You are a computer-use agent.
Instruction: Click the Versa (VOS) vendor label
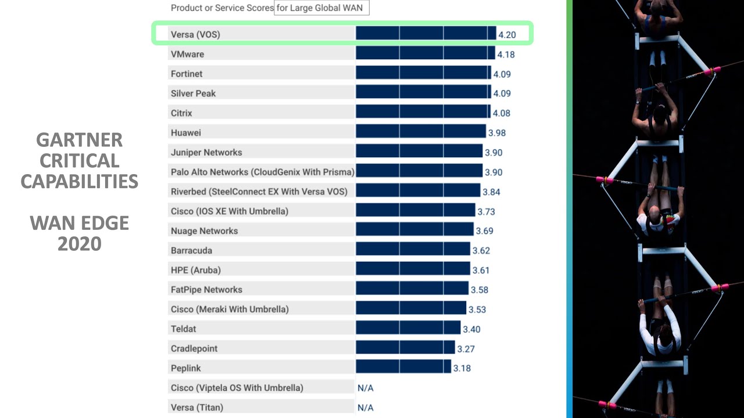[x=195, y=35]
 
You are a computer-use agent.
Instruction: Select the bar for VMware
[x=425, y=54]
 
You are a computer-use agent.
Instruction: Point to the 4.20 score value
[x=507, y=35]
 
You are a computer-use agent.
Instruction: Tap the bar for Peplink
[x=403, y=367]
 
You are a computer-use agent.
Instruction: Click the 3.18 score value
[x=462, y=368]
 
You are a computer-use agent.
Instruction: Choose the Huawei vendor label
[x=186, y=132]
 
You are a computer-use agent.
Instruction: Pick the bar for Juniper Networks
[x=419, y=152]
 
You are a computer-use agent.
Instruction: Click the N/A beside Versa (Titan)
[x=366, y=408]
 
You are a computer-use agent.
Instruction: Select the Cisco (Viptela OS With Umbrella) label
[x=237, y=388]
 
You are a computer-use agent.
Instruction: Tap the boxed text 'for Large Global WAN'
[x=322, y=8]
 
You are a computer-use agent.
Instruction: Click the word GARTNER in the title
[x=79, y=140]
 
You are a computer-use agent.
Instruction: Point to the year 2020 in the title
[x=79, y=244]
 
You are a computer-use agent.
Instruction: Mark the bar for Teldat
[x=408, y=329]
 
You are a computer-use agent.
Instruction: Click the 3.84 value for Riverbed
[x=491, y=192]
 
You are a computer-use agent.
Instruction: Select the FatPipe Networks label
[x=206, y=290]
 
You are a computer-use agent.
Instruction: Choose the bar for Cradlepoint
[x=405, y=348]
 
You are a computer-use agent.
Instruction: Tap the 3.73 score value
[x=487, y=212]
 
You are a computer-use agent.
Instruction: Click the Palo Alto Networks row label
[x=262, y=172]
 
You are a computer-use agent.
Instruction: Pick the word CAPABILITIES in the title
[x=79, y=182]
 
